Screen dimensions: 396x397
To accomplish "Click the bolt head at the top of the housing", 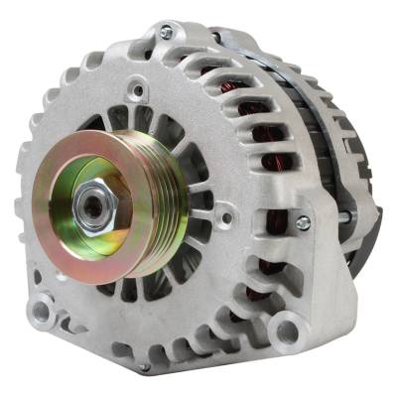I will pyautogui.click(x=166, y=33).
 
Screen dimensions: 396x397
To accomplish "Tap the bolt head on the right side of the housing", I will pyautogui.click(x=303, y=222).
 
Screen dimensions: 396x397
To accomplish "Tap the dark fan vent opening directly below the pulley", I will pyautogui.click(x=130, y=289).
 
